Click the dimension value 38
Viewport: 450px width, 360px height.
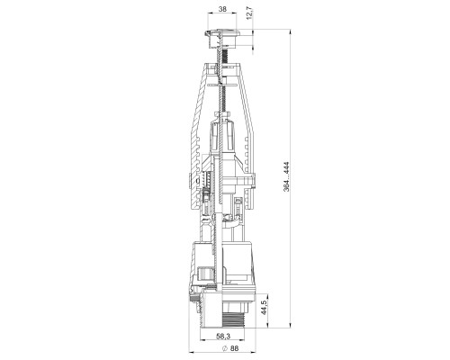222,9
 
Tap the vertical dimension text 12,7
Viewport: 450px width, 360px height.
250,13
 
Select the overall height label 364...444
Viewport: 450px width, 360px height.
286,176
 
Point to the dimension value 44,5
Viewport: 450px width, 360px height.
264,307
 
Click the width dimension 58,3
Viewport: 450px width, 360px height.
223,337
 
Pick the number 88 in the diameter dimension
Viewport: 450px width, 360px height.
235,348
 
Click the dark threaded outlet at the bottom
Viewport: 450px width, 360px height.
234,319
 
